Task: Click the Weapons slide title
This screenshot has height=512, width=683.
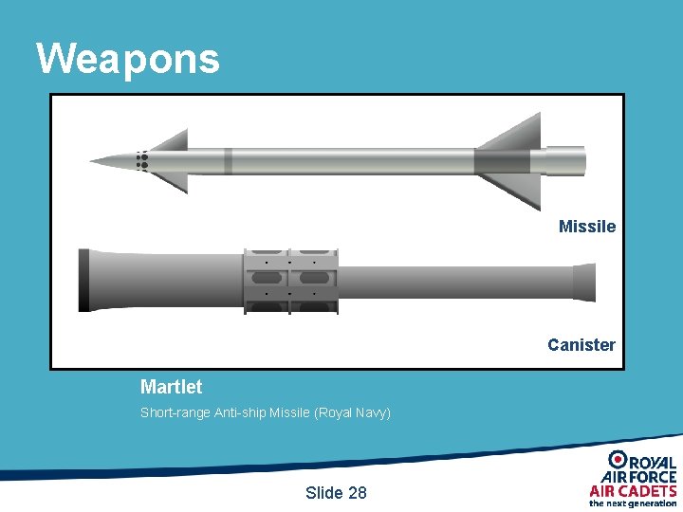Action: (128, 58)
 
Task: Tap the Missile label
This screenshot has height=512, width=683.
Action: (587, 227)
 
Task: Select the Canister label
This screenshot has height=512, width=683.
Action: (581, 345)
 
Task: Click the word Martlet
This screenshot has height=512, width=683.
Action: (171, 387)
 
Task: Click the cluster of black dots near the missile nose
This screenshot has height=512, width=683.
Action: (142, 161)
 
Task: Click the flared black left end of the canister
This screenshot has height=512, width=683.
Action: (83, 281)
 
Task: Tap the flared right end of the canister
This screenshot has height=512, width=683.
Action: (583, 281)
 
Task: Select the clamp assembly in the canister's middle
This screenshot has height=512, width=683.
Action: (291, 280)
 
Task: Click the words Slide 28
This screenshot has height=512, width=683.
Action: (336, 492)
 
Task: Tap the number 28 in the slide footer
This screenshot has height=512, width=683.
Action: (357, 492)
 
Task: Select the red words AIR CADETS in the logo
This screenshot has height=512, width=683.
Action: (633, 491)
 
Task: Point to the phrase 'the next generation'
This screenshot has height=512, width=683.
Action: (633, 503)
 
